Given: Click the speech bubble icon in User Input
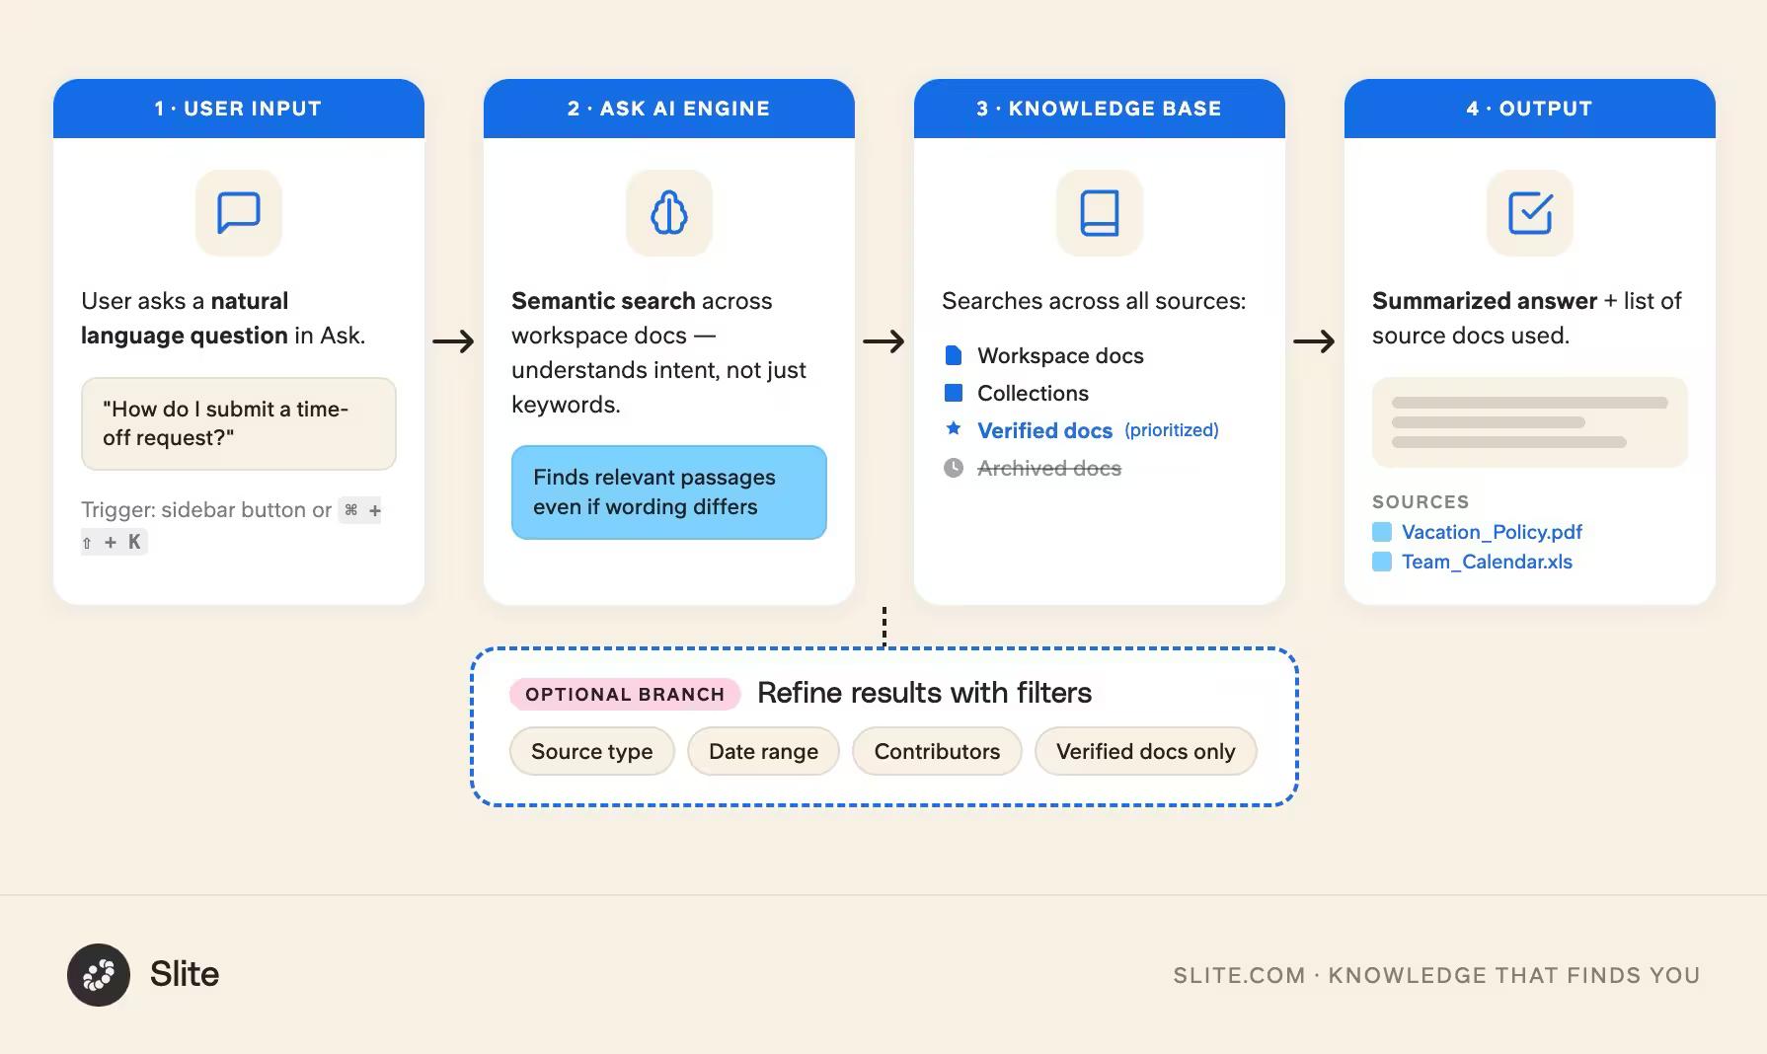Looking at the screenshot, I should [x=239, y=212].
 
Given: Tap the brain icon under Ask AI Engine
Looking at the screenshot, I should [x=669, y=212].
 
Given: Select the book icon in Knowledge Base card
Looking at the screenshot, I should [x=1100, y=212].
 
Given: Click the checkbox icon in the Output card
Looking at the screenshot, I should [x=1530, y=212].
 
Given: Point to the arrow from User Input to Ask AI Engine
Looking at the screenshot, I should [x=454, y=341].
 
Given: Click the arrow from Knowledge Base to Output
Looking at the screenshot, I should [x=1314, y=341].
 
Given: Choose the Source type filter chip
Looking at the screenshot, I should [x=591, y=751].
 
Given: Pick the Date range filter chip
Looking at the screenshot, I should [x=763, y=751].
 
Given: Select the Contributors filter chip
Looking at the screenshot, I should [x=937, y=751].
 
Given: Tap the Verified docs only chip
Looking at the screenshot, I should [x=1145, y=751].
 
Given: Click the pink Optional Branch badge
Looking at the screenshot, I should [x=625, y=694].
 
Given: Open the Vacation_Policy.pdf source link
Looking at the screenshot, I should [x=1491, y=532].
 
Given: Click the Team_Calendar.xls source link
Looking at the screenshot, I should [x=1486, y=562].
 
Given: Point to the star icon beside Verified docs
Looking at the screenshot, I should [x=954, y=428].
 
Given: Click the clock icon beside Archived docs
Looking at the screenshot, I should [x=954, y=468].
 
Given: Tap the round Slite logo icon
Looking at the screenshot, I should [x=99, y=975].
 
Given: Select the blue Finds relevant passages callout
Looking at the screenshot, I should [x=669, y=491].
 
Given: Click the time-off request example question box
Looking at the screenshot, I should [x=239, y=423].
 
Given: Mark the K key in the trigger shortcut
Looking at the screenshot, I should [x=134, y=542].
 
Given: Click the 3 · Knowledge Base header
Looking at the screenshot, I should [x=1100, y=109].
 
